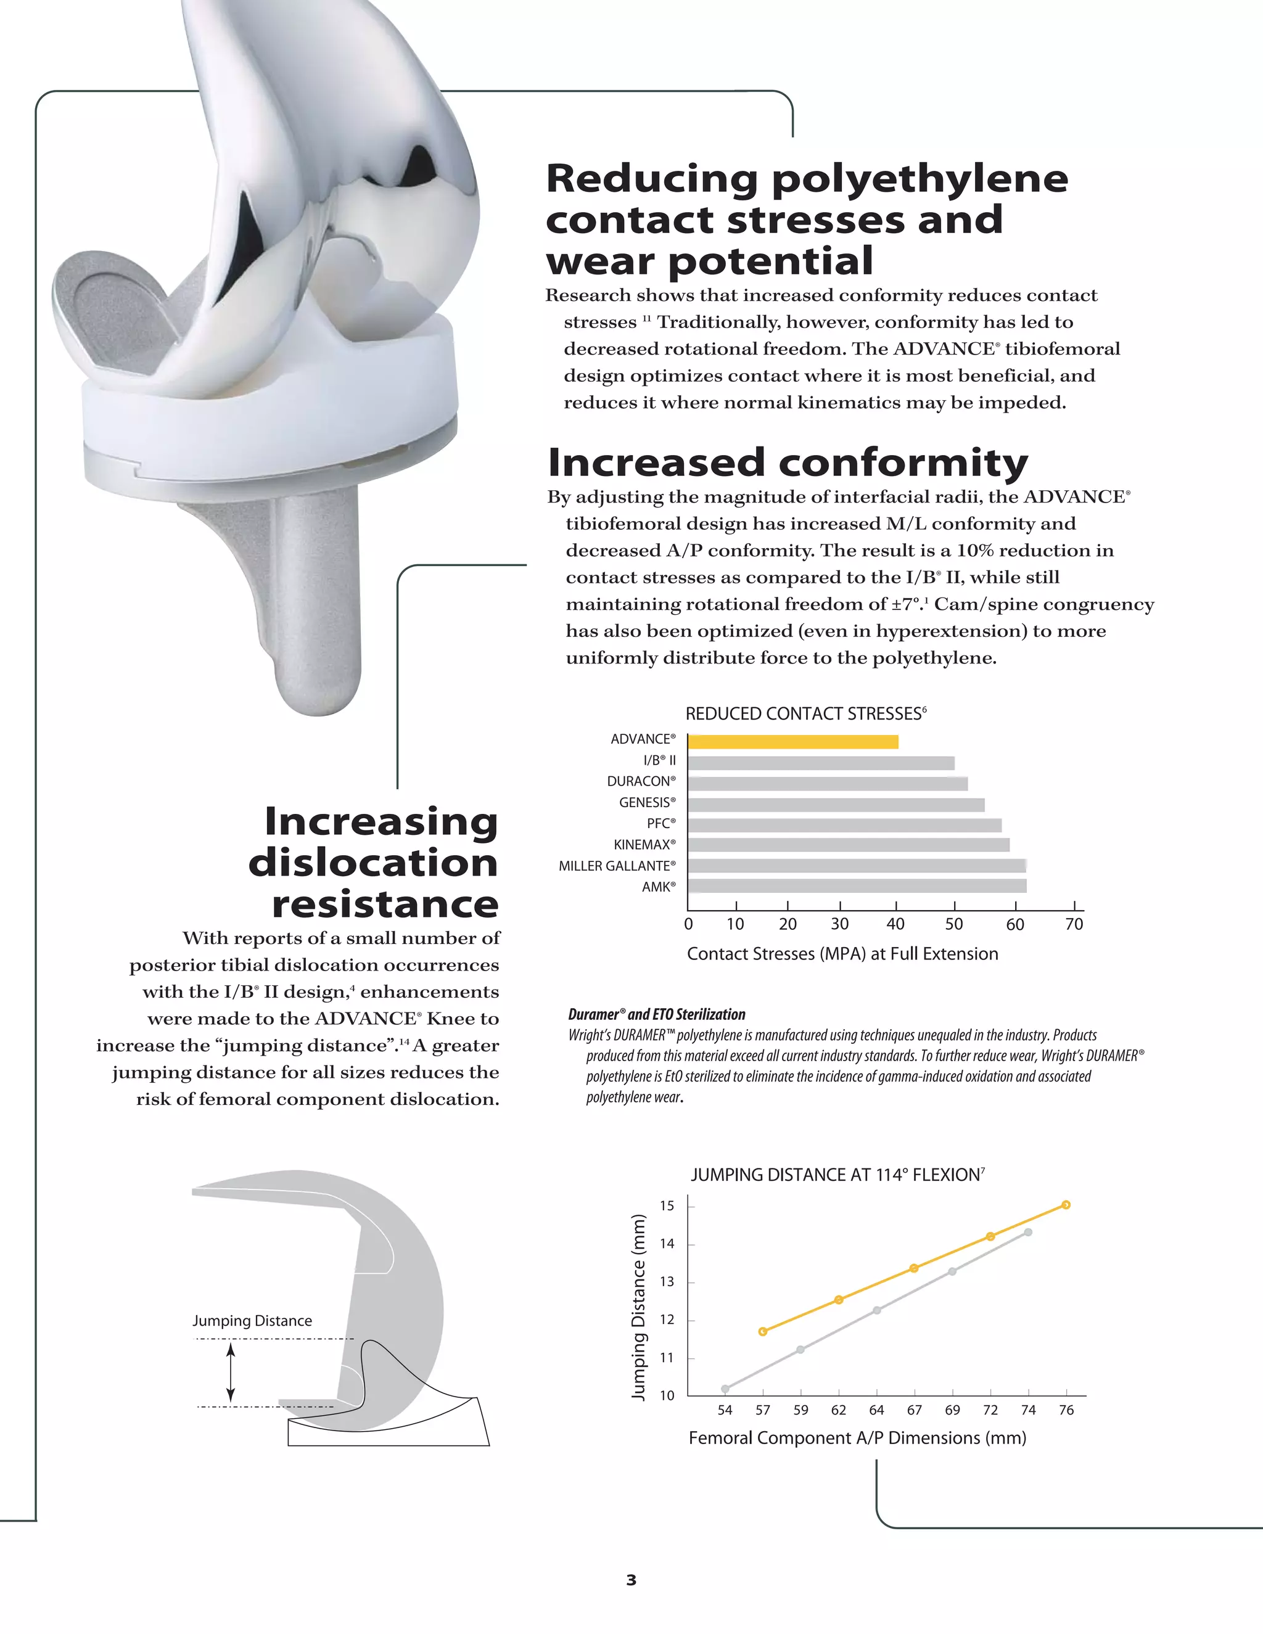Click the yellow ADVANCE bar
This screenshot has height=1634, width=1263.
(792, 741)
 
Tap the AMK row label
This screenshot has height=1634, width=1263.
(659, 887)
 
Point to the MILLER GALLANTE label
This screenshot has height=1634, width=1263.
(617, 866)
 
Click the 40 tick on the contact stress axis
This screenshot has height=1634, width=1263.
(895, 924)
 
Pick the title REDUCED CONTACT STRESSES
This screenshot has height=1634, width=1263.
(805, 714)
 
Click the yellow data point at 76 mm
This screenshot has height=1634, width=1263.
(1066, 1205)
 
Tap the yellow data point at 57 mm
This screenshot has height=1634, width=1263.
(762, 1331)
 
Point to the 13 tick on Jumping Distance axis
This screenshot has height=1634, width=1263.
(667, 1282)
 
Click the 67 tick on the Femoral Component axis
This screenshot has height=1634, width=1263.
(915, 1410)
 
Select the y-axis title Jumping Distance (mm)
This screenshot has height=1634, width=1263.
(638, 1307)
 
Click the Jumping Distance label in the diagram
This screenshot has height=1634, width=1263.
(252, 1321)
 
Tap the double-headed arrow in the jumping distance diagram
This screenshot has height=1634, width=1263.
(231, 1372)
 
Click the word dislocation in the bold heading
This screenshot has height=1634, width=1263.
(372, 862)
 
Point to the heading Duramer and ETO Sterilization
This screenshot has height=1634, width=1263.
(656, 1014)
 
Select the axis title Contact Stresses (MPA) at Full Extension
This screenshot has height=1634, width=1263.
(842, 953)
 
